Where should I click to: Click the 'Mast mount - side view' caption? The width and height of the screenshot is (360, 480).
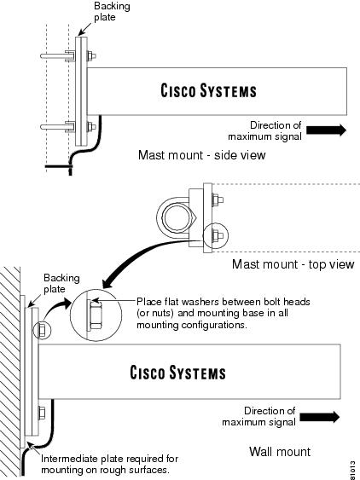[x=201, y=155]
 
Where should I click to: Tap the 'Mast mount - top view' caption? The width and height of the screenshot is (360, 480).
[x=293, y=264]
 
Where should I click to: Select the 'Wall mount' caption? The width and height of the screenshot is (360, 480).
[x=280, y=452]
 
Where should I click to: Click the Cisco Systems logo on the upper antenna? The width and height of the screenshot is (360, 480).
[x=208, y=91]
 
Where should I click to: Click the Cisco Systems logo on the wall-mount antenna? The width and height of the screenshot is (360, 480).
[x=177, y=373]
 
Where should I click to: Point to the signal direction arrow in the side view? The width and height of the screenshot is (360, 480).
[x=326, y=130]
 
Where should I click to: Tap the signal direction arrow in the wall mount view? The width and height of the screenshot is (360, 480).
[x=320, y=417]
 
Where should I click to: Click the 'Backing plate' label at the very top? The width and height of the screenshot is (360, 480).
[x=112, y=11]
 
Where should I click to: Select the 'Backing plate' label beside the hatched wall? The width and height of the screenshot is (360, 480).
[x=61, y=283]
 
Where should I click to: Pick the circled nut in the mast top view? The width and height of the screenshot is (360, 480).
[x=217, y=235]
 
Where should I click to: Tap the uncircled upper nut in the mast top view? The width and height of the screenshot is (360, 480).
[x=217, y=200]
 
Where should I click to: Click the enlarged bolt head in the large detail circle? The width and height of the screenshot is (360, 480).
[x=95, y=315]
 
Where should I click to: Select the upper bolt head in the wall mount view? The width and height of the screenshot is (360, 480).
[x=42, y=330]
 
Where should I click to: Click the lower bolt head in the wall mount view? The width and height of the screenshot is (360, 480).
[x=42, y=413]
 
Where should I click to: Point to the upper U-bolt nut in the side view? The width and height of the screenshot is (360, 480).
[x=91, y=56]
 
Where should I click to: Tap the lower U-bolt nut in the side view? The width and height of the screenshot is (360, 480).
[x=91, y=126]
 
